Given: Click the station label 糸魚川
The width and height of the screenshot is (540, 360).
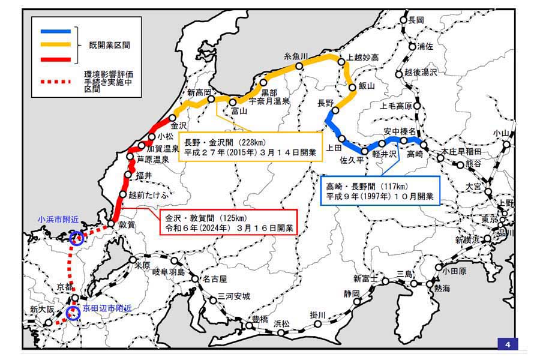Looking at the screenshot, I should click(x=296, y=56).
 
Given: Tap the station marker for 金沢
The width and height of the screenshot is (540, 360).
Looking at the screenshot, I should click(x=173, y=118).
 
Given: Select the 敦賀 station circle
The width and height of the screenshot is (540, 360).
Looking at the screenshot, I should click(x=111, y=224).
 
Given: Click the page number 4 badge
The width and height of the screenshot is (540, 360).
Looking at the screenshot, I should click(x=507, y=344).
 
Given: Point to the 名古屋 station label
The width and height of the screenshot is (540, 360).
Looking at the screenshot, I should click(x=214, y=279).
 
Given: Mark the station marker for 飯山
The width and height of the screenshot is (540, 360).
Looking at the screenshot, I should click(x=353, y=86).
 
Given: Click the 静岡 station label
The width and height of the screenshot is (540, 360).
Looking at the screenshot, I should click(x=352, y=293).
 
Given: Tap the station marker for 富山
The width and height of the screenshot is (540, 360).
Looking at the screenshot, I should click(x=235, y=102).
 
